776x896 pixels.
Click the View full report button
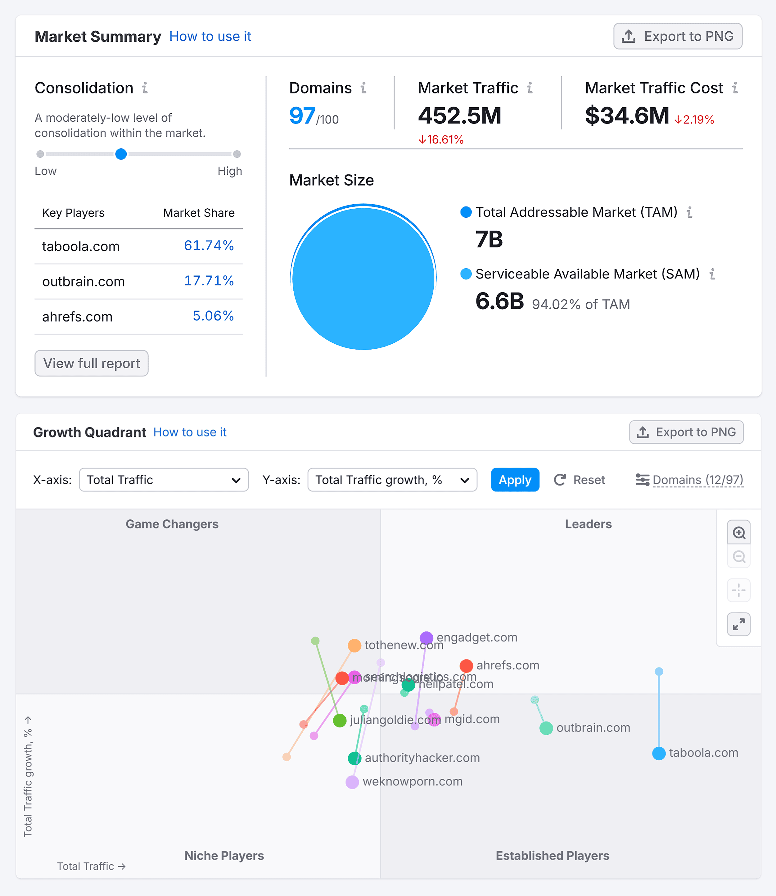[91, 363]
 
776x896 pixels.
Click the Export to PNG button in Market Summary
[677, 36]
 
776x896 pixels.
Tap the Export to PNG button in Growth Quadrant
[686, 432]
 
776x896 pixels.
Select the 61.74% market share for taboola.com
[209, 246]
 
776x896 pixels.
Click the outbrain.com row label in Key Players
[83, 282]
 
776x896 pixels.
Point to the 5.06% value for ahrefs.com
[213, 316]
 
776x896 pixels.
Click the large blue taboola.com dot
[659, 753]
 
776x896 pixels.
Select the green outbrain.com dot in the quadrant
[546, 728]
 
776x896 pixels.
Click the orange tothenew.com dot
[354, 645]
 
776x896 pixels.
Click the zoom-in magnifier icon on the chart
[738, 532]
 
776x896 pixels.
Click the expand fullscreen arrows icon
[738, 624]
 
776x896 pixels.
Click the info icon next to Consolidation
[145, 88]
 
